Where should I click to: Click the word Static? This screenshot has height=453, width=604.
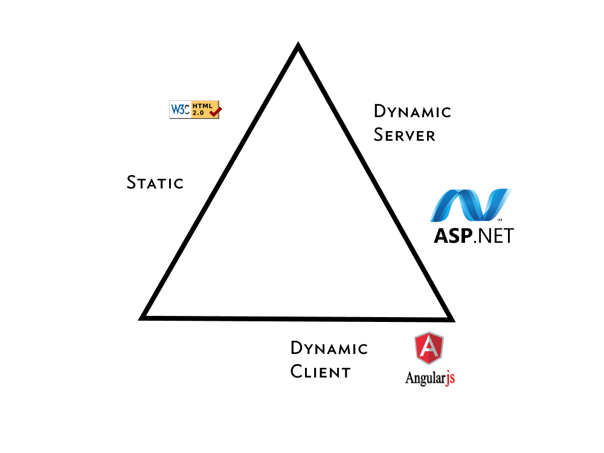[x=155, y=182]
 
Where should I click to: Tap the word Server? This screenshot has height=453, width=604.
[x=404, y=135]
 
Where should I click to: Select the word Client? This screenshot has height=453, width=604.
[x=320, y=371]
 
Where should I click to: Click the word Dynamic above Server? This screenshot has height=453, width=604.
[x=413, y=112]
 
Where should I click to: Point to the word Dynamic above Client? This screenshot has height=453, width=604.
[x=329, y=349]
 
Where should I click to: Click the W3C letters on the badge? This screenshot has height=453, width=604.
[x=180, y=109]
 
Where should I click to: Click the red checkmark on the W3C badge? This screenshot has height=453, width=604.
[x=216, y=111]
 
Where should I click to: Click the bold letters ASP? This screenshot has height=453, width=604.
[x=452, y=235]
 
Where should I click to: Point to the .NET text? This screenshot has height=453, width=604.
[x=493, y=235]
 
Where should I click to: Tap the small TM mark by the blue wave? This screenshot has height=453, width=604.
[x=501, y=219]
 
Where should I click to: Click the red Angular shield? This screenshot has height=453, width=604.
[x=429, y=349]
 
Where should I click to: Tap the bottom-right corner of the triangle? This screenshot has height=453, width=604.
[x=450, y=318]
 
